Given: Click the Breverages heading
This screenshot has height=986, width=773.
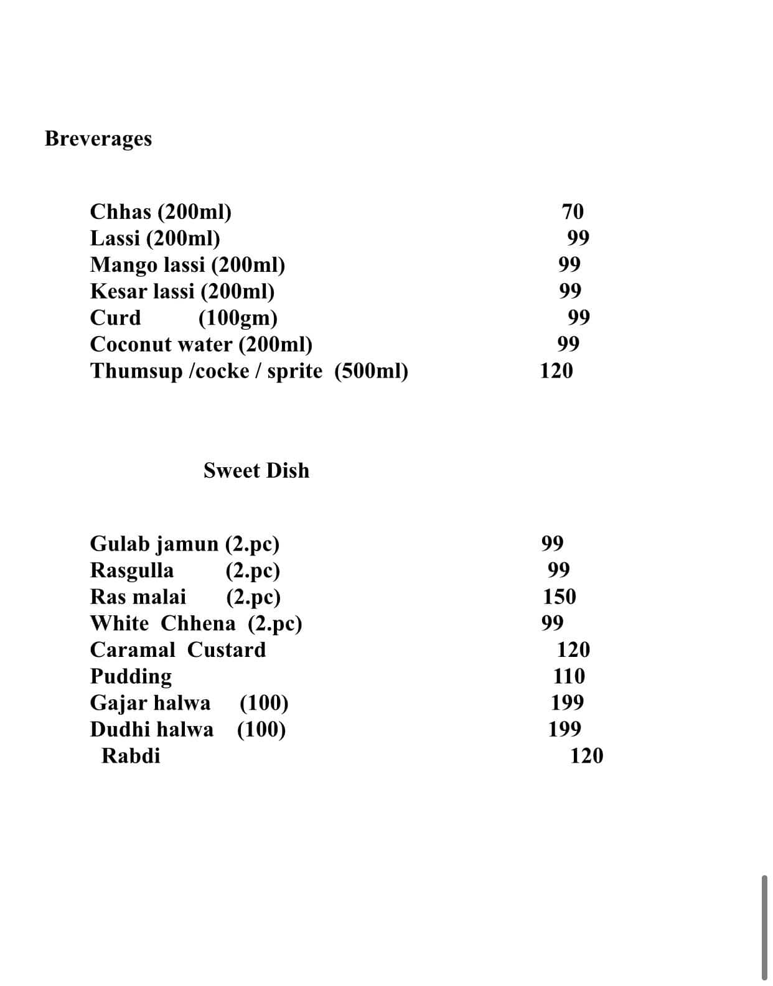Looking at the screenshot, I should [98, 139].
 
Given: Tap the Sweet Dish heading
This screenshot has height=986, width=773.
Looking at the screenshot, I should [256, 470].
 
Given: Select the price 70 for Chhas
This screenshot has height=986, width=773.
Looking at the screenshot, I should [573, 212].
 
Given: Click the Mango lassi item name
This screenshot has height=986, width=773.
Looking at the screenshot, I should [148, 265].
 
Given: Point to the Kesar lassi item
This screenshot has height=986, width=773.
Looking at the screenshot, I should [143, 291].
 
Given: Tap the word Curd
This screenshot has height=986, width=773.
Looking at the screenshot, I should [115, 318].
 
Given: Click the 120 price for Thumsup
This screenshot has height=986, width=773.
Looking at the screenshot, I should [556, 371].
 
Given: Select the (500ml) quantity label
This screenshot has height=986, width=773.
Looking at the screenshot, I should [371, 371].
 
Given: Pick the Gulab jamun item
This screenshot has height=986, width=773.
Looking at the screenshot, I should [154, 544].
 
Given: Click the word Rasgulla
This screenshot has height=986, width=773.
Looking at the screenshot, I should [132, 570].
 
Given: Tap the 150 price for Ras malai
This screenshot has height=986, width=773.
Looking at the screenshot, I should [560, 597].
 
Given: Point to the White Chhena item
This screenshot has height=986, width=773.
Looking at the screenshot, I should [162, 623].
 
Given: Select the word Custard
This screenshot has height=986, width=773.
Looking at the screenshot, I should [227, 649].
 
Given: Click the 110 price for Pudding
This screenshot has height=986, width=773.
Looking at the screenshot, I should [569, 676].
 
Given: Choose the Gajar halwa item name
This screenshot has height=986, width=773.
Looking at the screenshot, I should [150, 703].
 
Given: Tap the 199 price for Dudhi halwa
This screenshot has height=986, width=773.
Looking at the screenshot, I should [565, 729].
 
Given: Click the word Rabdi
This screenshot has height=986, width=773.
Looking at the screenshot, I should [131, 756].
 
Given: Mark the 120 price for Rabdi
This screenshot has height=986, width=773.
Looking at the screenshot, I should [586, 756].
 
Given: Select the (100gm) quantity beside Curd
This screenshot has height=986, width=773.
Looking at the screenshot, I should [238, 318].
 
